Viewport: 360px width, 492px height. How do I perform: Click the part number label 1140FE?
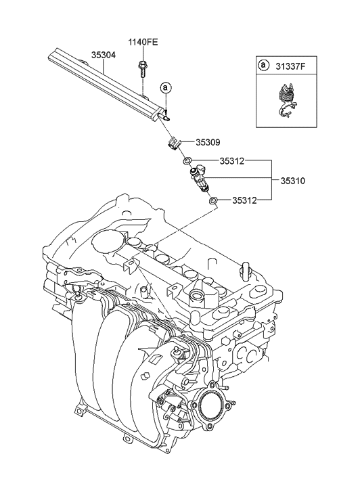point(143,43)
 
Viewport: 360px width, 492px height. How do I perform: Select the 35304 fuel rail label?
point(104,55)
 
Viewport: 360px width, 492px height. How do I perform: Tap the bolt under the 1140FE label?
point(142,70)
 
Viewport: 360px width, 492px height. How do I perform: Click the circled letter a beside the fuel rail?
point(166,88)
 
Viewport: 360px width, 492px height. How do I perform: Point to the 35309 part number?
point(208,142)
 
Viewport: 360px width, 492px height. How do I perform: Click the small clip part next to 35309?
point(174,143)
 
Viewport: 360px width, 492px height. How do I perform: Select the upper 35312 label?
point(231,161)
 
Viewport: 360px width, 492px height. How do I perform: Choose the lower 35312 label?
point(244,200)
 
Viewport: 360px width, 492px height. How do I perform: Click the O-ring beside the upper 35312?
point(187,162)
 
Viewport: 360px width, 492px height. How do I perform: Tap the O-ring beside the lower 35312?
point(213,200)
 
